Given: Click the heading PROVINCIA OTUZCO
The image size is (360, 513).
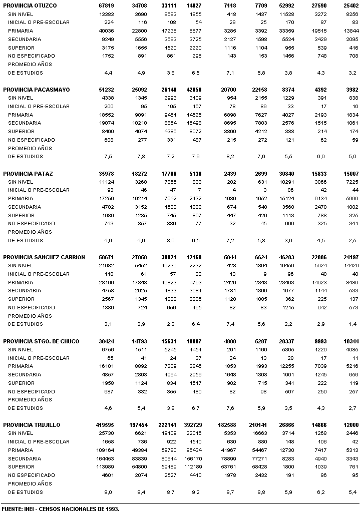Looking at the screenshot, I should coord(30,6).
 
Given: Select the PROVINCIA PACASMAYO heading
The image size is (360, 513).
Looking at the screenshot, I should coord(36,90).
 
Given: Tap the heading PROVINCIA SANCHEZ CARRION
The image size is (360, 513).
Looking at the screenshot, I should coord(44,257).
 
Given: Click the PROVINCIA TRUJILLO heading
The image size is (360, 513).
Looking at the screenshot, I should coord(32,425).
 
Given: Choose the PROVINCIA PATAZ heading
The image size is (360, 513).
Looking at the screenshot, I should coord(28,174).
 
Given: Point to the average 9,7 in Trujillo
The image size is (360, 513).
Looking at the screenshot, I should coord(230,492).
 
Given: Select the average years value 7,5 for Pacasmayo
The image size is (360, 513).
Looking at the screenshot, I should coord(108,157).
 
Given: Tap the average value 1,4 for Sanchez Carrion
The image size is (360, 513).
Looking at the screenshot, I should coord(353,324).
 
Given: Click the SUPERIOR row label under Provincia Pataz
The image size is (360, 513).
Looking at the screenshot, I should coord(21,216).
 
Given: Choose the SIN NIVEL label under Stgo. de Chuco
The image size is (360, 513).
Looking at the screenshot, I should coord(21,350).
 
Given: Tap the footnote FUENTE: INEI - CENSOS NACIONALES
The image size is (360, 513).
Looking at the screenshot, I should coord(60,508).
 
